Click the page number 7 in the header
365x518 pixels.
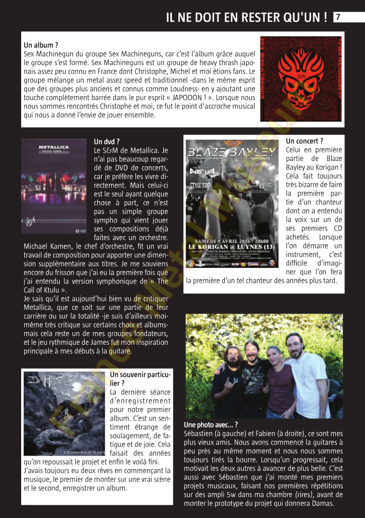coord(337,17)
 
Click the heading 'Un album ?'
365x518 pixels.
coord(41,46)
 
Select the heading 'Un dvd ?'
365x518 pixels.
coord(106,141)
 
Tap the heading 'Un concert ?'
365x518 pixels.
coord(304,141)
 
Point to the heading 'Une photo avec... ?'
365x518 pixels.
coord(211,425)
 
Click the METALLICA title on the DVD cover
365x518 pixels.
coord(53,146)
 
